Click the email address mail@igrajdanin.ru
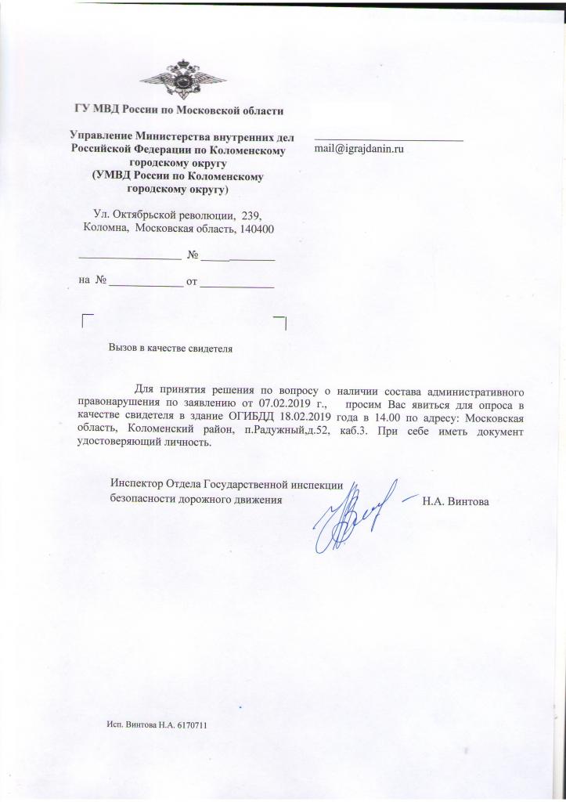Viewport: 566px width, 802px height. (x=359, y=148)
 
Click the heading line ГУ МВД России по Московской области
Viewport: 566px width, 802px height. (x=178, y=110)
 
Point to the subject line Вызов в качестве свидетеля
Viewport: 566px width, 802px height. (x=171, y=346)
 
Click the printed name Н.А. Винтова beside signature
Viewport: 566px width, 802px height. (x=456, y=501)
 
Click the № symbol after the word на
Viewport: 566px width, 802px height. (x=100, y=280)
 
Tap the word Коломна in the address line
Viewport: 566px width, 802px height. (x=106, y=229)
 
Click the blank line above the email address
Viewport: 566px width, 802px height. (x=388, y=139)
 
